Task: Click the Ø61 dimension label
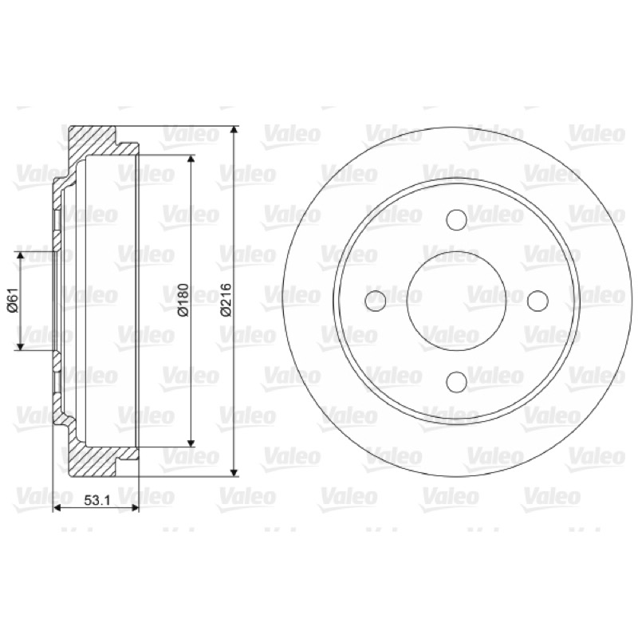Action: [x=14, y=301]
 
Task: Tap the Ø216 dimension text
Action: [x=225, y=300]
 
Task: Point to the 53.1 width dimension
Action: [x=97, y=501]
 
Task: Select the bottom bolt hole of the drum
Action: [x=456, y=382]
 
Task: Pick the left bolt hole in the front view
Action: [x=376, y=301]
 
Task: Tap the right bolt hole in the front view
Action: [x=538, y=301]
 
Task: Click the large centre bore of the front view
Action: [x=456, y=301]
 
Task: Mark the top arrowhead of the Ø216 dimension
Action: [x=234, y=130]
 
